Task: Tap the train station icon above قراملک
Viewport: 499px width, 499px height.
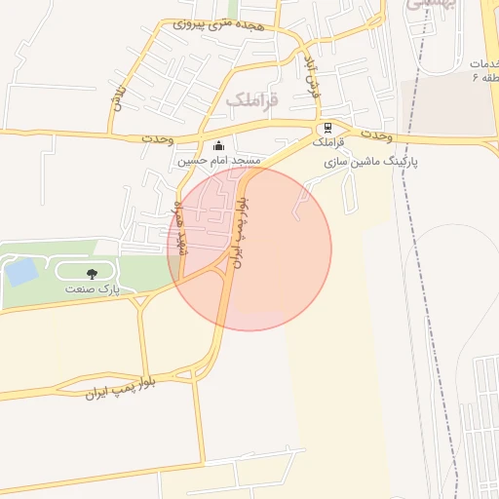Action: pos(328,128)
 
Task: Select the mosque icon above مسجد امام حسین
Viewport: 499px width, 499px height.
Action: pos(216,146)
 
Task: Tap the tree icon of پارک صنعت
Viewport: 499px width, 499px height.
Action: pos(93,275)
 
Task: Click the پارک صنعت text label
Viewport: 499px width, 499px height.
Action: pos(93,289)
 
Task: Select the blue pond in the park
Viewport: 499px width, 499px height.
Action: pos(20,272)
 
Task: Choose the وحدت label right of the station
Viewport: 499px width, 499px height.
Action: pos(373,134)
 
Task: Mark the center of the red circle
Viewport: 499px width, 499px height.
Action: pos(249,249)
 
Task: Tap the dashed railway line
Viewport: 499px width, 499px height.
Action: pos(436,292)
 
